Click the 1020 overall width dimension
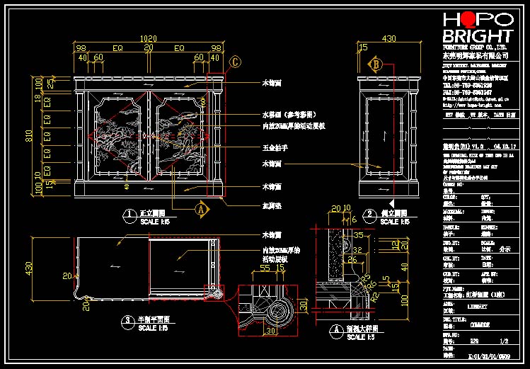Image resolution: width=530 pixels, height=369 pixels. pos(149,38)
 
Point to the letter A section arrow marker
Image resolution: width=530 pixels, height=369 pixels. pos(200,210)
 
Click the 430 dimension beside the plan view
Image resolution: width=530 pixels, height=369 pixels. pos(30,268)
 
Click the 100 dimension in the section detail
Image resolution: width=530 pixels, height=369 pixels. pos(384,298)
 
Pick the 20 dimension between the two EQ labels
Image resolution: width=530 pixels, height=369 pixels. pos(149,48)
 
